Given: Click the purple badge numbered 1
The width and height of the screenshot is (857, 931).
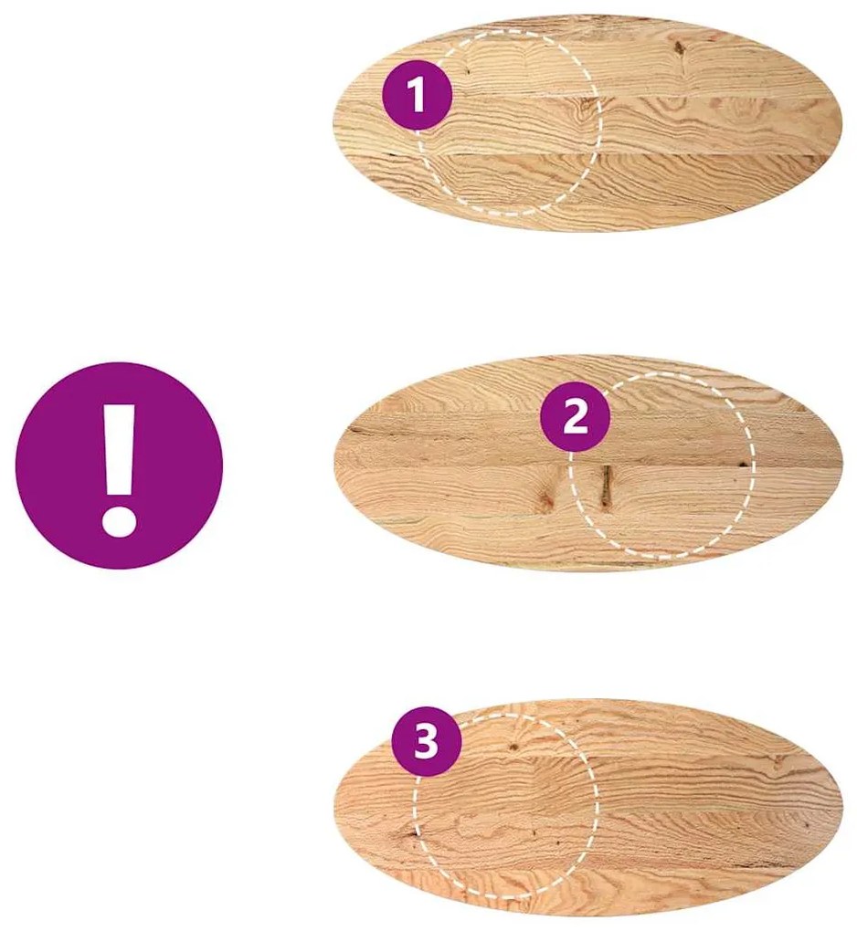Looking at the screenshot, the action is [x=418, y=95].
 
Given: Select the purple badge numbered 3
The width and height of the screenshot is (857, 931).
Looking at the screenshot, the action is [x=426, y=741].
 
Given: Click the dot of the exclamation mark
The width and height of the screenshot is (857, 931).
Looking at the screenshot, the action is [x=120, y=520].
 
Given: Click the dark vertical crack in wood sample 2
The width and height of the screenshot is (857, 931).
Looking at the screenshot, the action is [x=606, y=486].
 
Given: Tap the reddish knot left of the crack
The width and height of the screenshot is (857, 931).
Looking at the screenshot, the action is [x=545, y=498].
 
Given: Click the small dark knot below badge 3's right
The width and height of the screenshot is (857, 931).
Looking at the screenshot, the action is [x=513, y=747].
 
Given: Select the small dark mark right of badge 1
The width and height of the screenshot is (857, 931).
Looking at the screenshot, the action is [x=468, y=70].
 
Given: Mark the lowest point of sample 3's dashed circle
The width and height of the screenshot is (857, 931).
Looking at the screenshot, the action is [x=504, y=894].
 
